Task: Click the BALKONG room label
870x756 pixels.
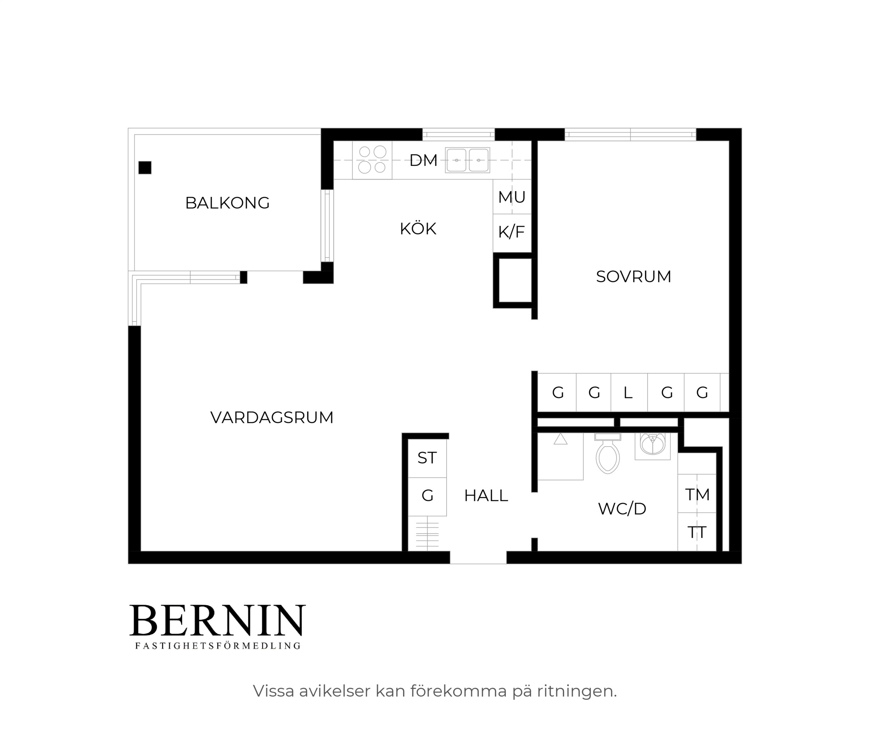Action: (x=227, y=203)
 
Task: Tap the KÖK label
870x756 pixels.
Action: (x=418, y=229)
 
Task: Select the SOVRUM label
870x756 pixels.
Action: (x=633, y=277)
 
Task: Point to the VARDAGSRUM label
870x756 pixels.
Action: (x=272, y=418)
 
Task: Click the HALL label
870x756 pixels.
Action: (x=486, y=496)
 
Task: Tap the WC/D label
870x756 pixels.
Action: (x=622, y=509)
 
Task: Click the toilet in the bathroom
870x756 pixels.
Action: (x=608, y=453)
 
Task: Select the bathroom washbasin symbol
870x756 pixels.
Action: (x=653, y=446)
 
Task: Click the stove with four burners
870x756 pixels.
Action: (x=372, y=160)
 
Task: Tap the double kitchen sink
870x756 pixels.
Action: (x=468, y=160)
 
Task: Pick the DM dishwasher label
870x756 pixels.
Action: (x=423, y=160)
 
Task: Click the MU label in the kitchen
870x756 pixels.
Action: (x=512, y=197)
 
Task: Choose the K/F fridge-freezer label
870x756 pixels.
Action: (x=512, y=232)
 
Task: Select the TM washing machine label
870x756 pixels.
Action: (x=697, y=495)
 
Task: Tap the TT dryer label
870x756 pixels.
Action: (x=697, y=532)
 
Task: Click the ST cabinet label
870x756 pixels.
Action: (x=427, y=458)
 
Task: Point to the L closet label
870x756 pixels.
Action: (x=628, y=393)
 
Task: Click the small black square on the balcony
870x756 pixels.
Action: (x=145, y=168)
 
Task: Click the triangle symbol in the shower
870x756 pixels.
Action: (x=560, y=439)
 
